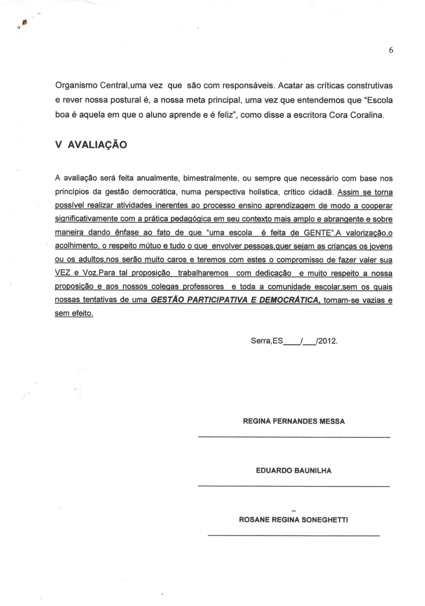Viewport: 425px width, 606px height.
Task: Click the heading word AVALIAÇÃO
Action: coord(97,145)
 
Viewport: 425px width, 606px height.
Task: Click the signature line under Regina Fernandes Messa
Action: coord(294,437)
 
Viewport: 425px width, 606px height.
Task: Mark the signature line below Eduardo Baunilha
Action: coord(294,486)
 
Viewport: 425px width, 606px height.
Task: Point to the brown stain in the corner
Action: coord(24,23)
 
